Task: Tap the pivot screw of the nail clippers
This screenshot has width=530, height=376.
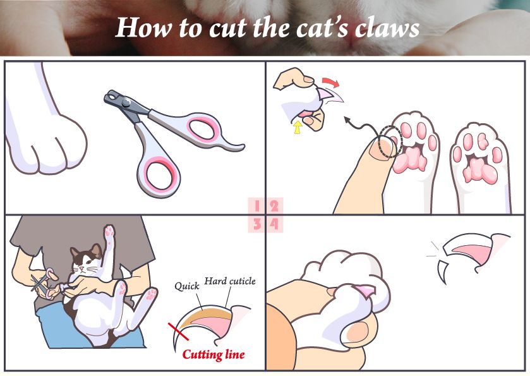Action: tap(126, 102)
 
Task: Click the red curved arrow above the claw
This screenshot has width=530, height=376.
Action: tap(330, 82)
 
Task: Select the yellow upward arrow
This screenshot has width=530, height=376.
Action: tap(298, 128)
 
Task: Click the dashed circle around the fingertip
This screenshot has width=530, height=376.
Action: tap(391, 142)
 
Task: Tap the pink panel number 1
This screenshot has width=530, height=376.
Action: tap(257, 206)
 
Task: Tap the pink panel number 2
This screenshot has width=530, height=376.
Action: tap(274, 206)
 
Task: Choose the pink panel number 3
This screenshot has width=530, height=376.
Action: tap(257, 224)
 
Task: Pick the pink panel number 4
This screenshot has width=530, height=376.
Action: tap(274, 224)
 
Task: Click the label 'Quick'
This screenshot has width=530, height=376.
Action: tap(187, 286)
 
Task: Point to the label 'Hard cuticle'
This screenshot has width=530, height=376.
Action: tap(230, 281)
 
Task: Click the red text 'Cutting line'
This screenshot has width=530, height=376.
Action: tap(214, 355)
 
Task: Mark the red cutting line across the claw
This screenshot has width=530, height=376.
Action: tap(179, 332)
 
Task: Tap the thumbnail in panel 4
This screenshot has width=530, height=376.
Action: tap(358, 331)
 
